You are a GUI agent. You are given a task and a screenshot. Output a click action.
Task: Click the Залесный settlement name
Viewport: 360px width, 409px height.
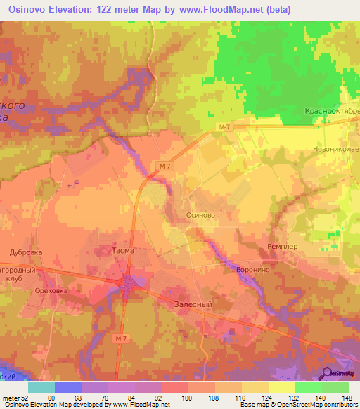click(193, 305)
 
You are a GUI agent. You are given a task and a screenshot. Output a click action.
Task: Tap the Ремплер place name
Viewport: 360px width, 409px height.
click(283, 247)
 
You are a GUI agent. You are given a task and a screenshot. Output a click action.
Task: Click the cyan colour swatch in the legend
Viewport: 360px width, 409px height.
click(41, 387)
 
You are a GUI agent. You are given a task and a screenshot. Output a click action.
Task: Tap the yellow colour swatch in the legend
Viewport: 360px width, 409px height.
click(282, 387)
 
